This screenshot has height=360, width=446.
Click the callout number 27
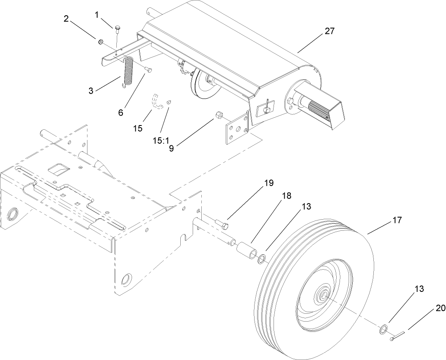click(330, 31)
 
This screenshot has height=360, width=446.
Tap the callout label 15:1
click(161, 140)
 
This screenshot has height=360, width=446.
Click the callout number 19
click(269, 183)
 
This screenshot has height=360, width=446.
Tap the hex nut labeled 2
click(100, 41)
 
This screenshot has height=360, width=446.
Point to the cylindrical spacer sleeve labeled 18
click(246, 250)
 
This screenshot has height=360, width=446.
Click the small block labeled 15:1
click(168, 101)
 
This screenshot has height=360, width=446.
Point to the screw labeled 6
click(149, 69)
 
